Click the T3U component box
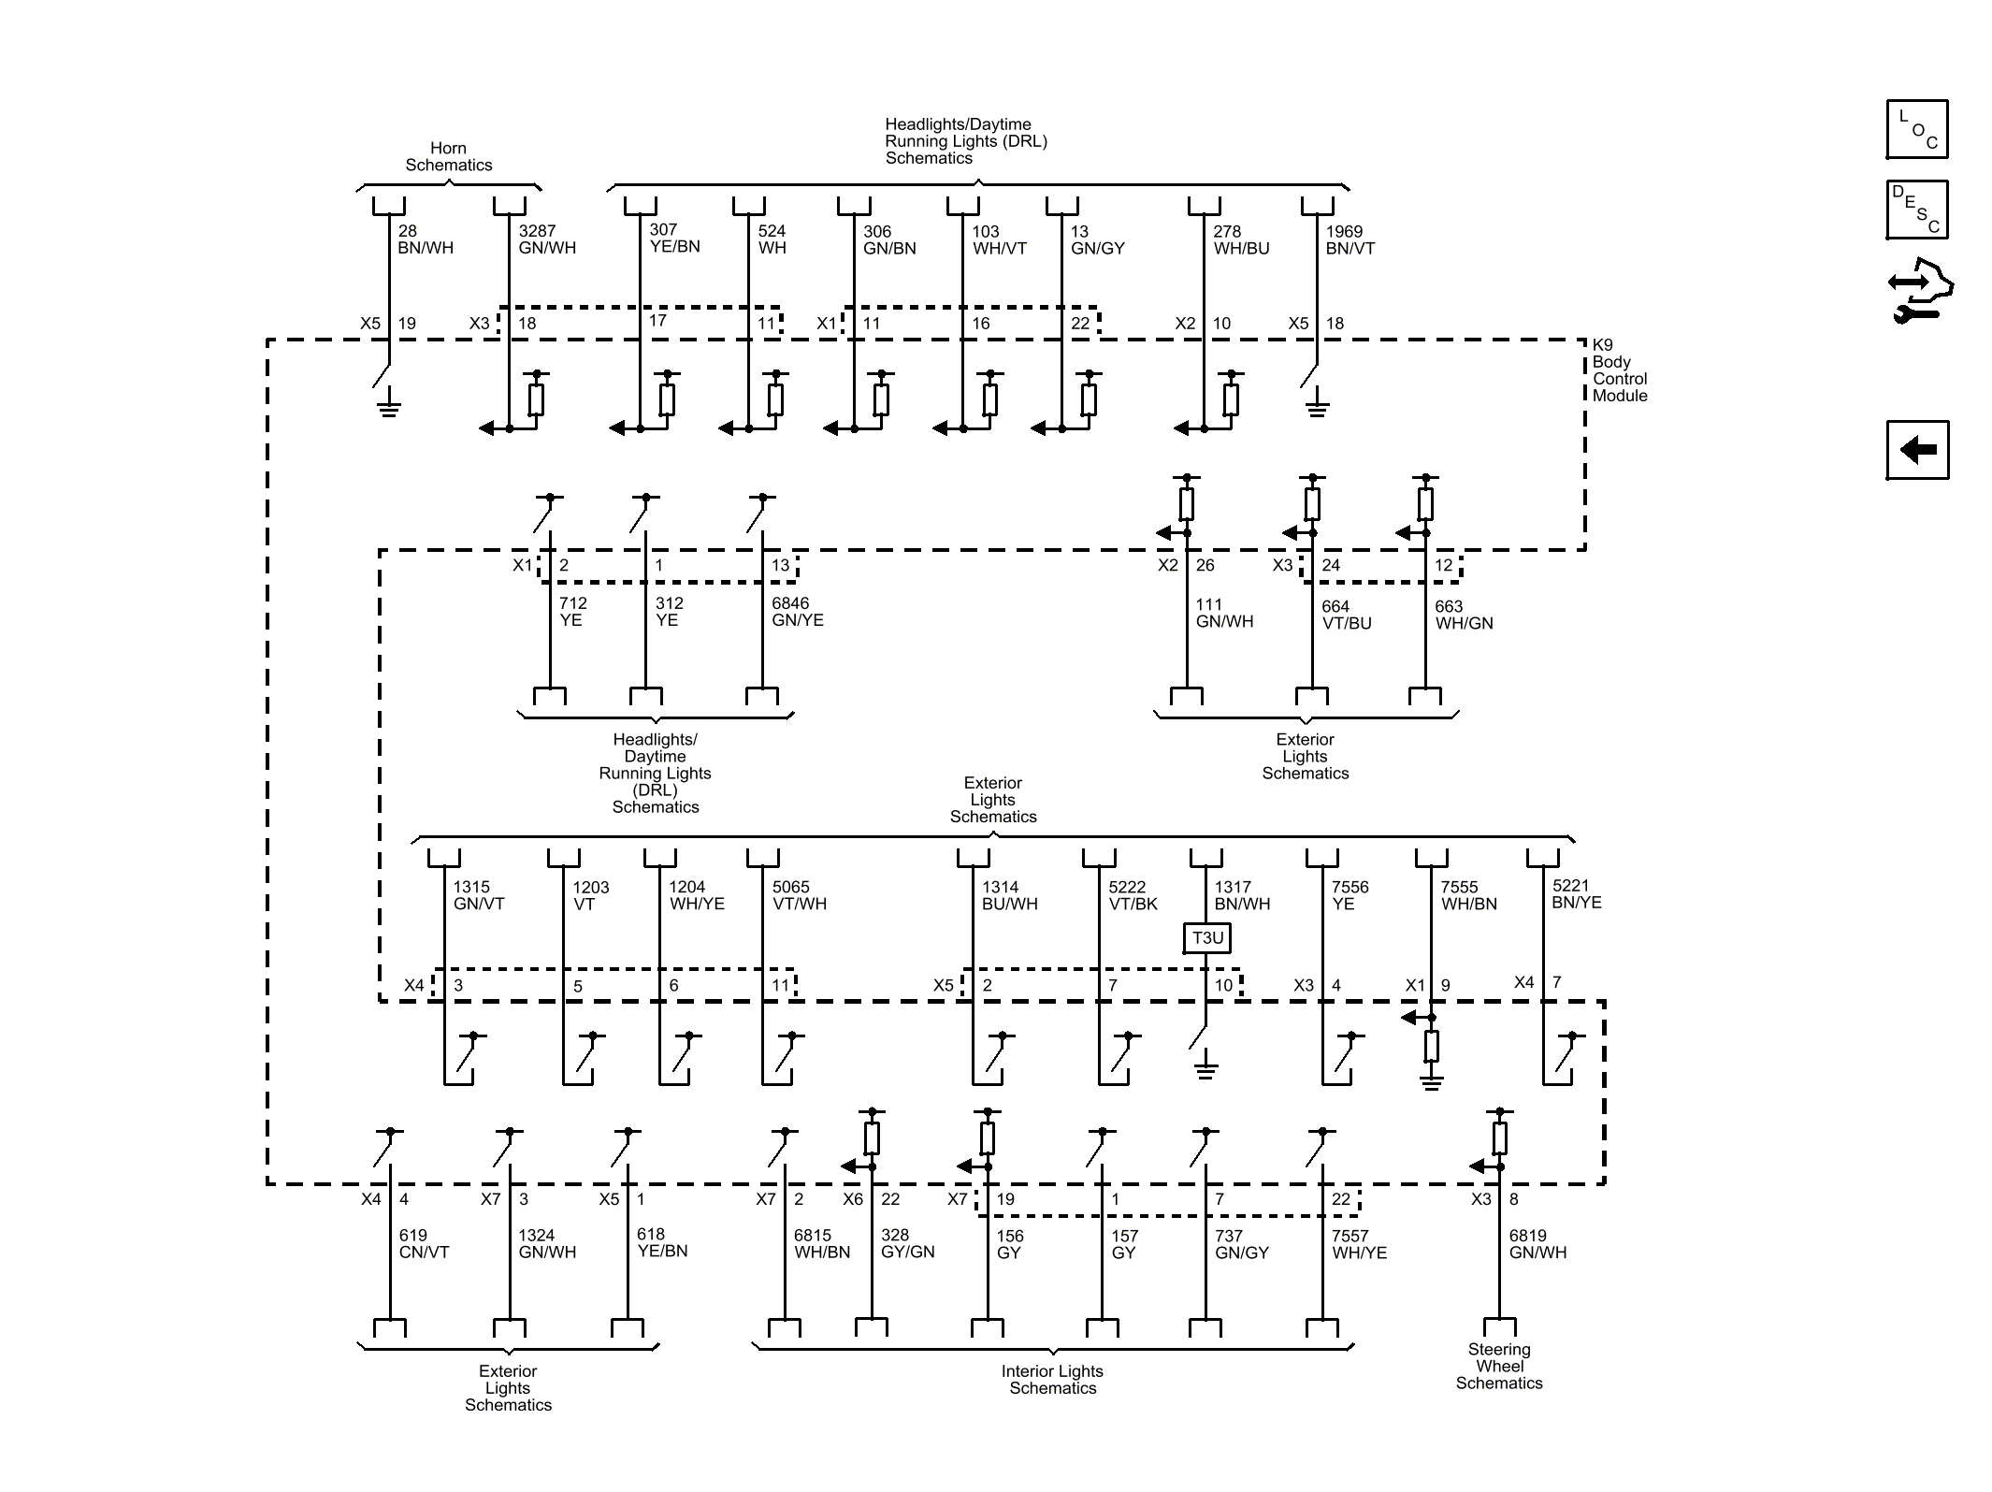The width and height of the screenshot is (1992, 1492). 1207,937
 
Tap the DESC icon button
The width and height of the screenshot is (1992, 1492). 1917,210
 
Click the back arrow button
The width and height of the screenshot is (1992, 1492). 1917,450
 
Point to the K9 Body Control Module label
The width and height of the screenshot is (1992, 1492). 1620,370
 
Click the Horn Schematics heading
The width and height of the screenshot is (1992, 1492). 448,156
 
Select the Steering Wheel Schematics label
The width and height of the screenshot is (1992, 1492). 1498,1366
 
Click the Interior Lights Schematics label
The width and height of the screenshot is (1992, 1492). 1052,1380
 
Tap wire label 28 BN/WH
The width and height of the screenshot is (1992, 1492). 426,239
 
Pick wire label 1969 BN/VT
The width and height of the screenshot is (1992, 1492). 1350,239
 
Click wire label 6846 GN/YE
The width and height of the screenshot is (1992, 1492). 797,612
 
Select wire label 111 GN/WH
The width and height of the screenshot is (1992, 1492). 1224,613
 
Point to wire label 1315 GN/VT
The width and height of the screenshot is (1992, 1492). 479,895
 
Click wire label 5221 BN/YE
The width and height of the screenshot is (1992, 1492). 1577,893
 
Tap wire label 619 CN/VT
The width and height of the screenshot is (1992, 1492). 424,1243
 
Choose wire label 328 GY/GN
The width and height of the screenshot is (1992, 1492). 907,1243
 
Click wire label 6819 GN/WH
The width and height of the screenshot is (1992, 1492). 1537,1243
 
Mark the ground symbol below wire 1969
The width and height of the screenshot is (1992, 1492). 1317,407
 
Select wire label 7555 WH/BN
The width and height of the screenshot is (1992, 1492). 1468,895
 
